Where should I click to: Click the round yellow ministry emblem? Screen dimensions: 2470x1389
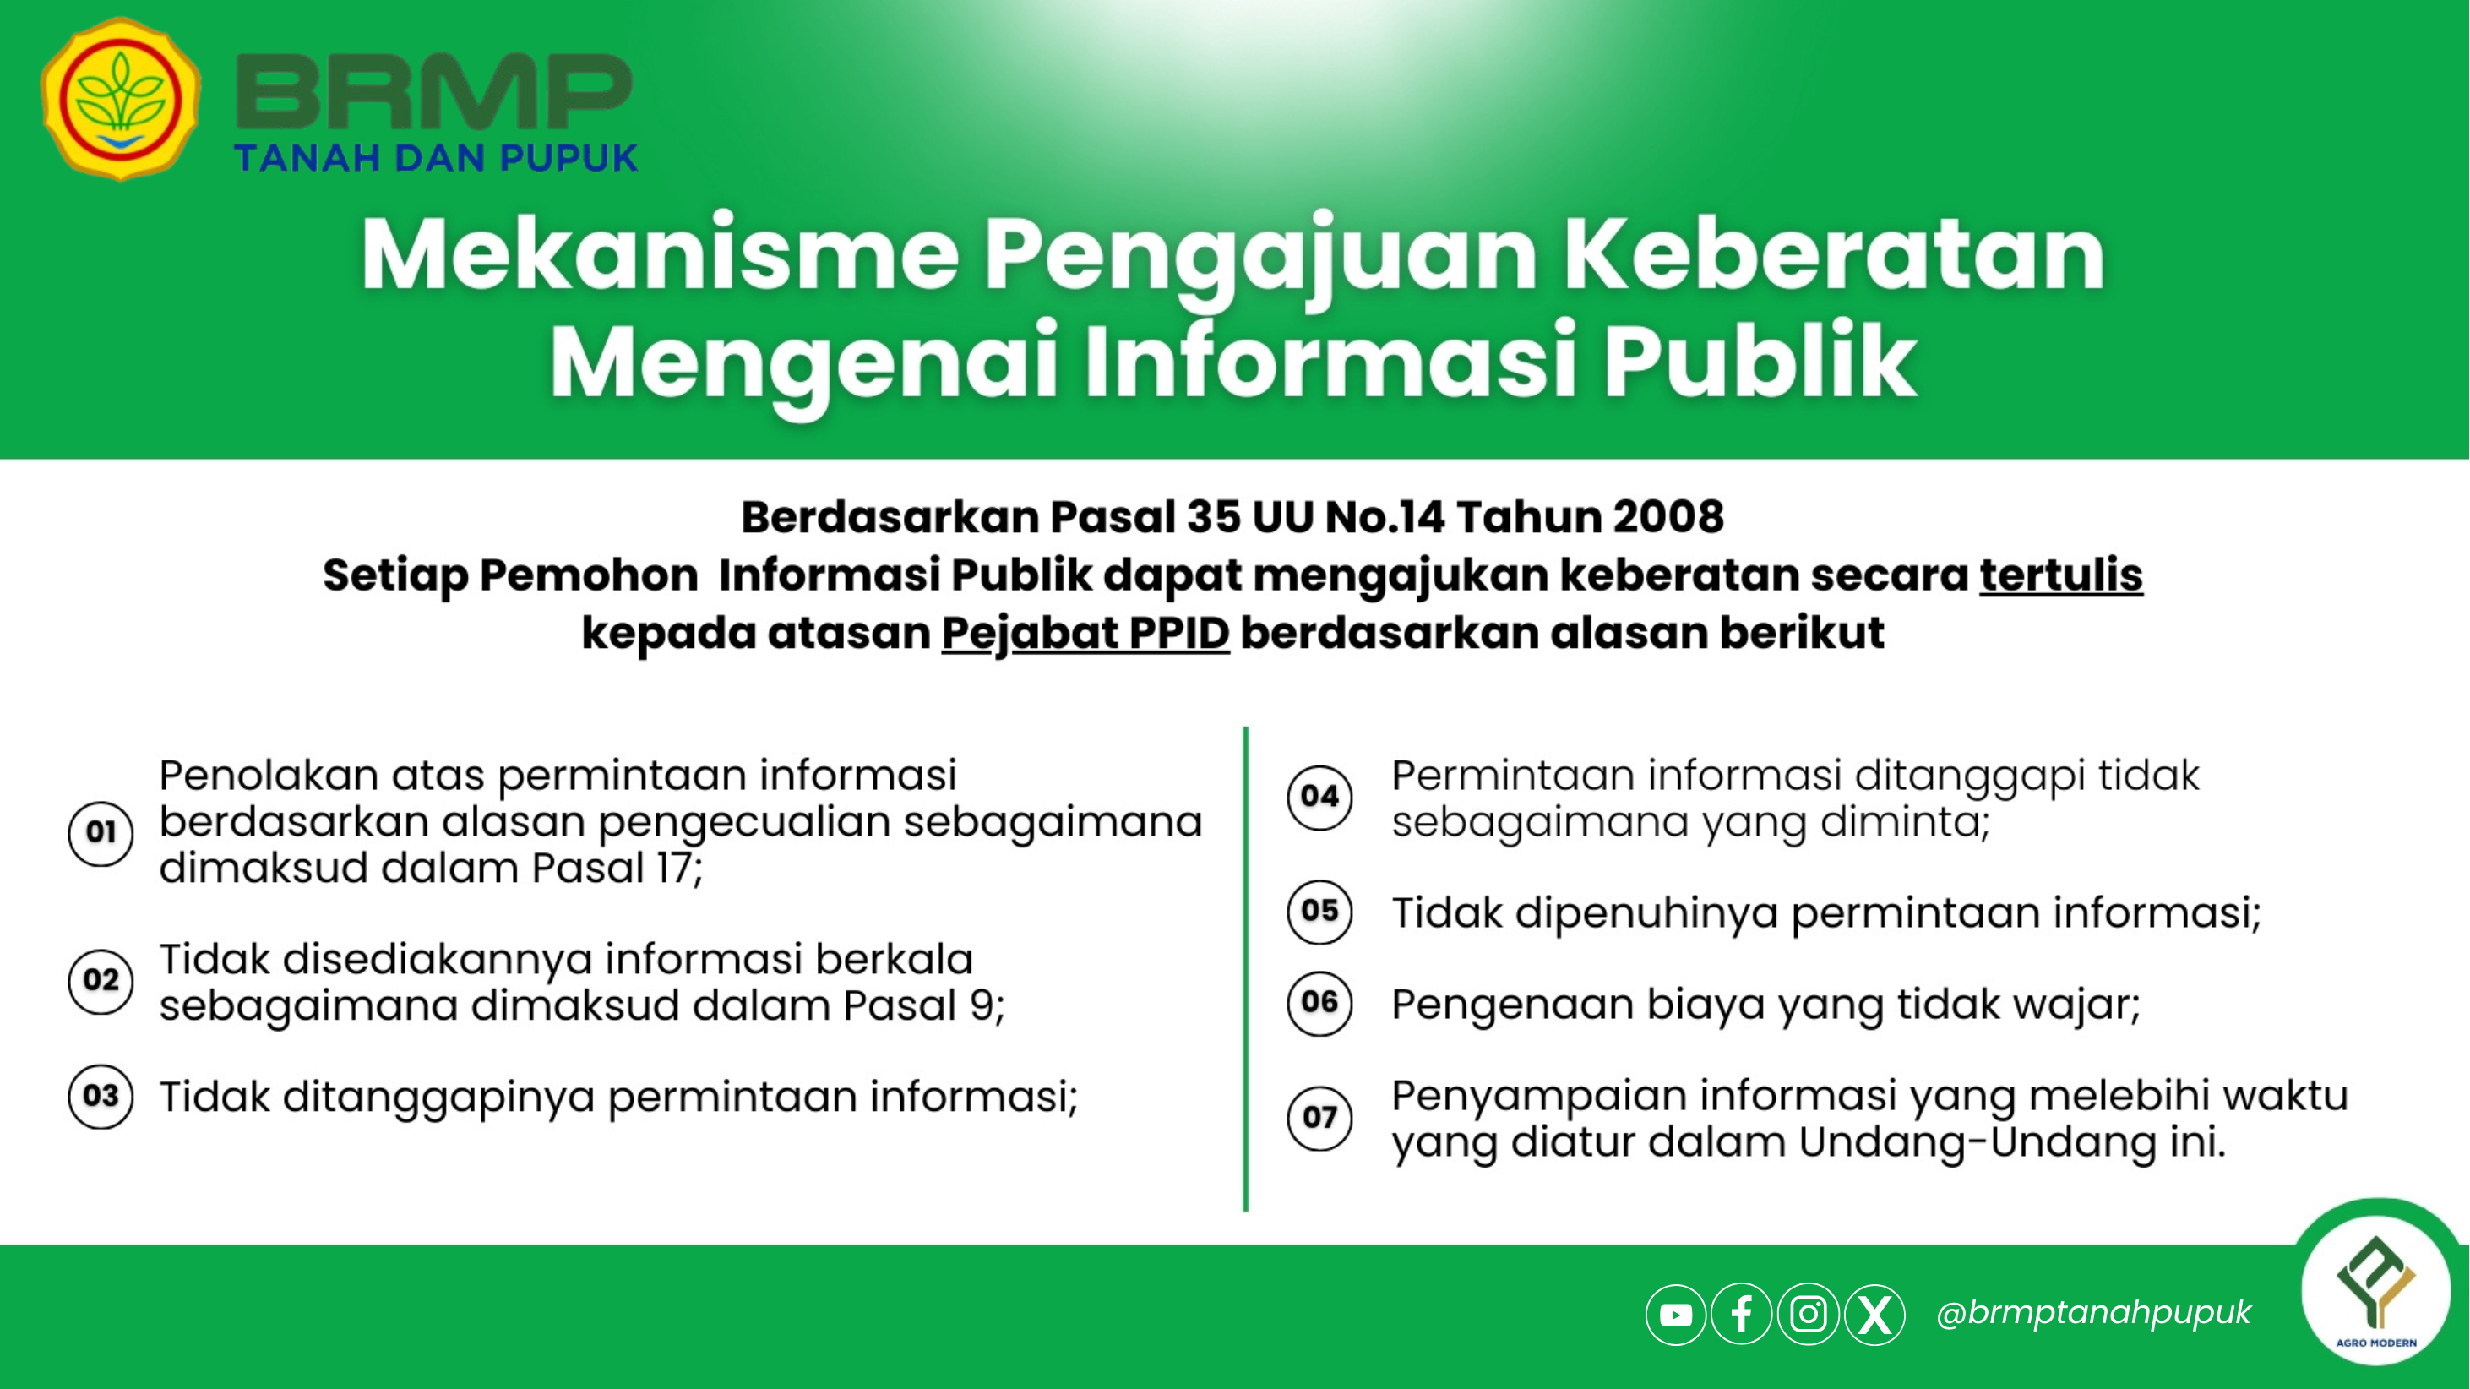[x=121, y=99]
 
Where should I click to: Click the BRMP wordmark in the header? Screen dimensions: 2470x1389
[x=433, y=92]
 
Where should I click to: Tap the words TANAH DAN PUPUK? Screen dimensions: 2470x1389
[x=436, y=158]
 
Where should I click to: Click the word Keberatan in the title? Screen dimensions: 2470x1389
[x=1833, y=255]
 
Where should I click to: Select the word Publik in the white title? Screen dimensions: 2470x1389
[x=1760, y=362]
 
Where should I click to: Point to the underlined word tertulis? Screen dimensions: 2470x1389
[x=2060, y=575]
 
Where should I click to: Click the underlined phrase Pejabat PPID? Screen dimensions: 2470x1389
[x=1085, y=634]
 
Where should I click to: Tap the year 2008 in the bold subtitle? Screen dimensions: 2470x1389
[x=1668, y=517]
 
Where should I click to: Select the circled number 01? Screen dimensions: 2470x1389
[x=101, y=832]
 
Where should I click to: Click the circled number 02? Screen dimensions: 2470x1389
[x=101, y=980]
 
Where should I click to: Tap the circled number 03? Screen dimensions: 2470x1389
[x=101, y=1097]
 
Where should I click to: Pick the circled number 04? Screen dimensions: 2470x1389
[x=1319, y=796]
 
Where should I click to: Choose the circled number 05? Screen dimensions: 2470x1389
[x=1319, y=912]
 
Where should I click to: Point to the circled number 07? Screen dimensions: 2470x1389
[x=1319, y=1119]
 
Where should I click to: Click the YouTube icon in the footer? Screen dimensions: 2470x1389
[x=1676, y=1314]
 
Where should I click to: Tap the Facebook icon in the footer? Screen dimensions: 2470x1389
[x=1741, y=1314]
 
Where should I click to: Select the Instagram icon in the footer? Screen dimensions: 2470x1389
[x=1809, y=1314]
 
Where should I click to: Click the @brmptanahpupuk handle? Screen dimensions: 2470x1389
[x=2093, y=1313]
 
